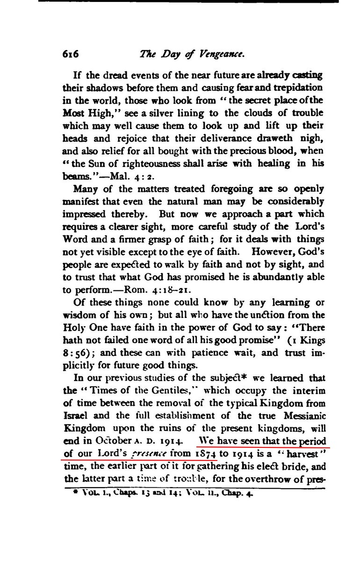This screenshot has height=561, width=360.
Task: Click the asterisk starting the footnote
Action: tap(68, 492)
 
